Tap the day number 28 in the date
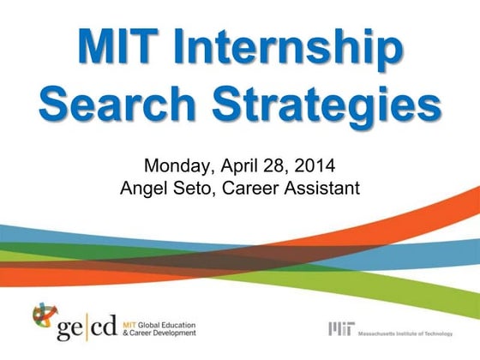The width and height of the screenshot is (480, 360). coord(284,165)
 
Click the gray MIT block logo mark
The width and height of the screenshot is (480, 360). coord(340,329)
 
